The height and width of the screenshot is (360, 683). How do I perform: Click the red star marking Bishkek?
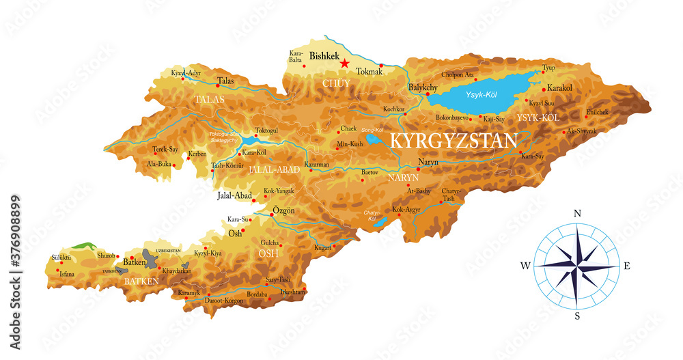pyautogui.click(x=345, y=64)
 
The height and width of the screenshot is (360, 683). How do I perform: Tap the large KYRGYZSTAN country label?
pyautogui.click(x=453, y=141)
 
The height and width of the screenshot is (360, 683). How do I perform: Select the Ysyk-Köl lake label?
pyautogui.click(x=482, y=94)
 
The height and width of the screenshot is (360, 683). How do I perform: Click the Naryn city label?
pyautogui.click(x=428, y=163)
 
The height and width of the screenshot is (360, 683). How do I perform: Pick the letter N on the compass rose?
pyautogui.click(x=577, y=214)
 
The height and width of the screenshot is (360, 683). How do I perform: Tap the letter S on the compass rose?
pyautogui.click(x=577, y=316)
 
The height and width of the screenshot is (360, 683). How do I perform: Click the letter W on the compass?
pyautogui.click(x=525, y=265)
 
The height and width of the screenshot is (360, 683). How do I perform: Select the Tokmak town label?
pyautogui.click(x=370, y=70)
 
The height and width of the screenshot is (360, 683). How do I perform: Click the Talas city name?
pyautogui.click(x=225, y=81)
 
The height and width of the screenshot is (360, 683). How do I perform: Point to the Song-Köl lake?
pyautogui.click(x=373, y=139)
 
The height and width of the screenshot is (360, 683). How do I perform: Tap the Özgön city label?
pyautogui.click(x=283, y=210)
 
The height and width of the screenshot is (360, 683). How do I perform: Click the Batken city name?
pyautogui.click(x=135, y=262)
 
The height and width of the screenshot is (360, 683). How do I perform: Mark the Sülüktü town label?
pyautogui.click(x=61, y=258)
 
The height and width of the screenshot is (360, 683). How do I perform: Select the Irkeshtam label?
pyautogui.click(x=292, y=292)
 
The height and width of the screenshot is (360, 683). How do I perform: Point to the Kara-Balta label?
pyautogui.click(x=296, y=55)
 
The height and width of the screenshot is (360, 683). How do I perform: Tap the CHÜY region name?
pyautogui.click(x=336, y=83)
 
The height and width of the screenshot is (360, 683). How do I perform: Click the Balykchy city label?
pyautogui.click(x=423, y=87)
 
